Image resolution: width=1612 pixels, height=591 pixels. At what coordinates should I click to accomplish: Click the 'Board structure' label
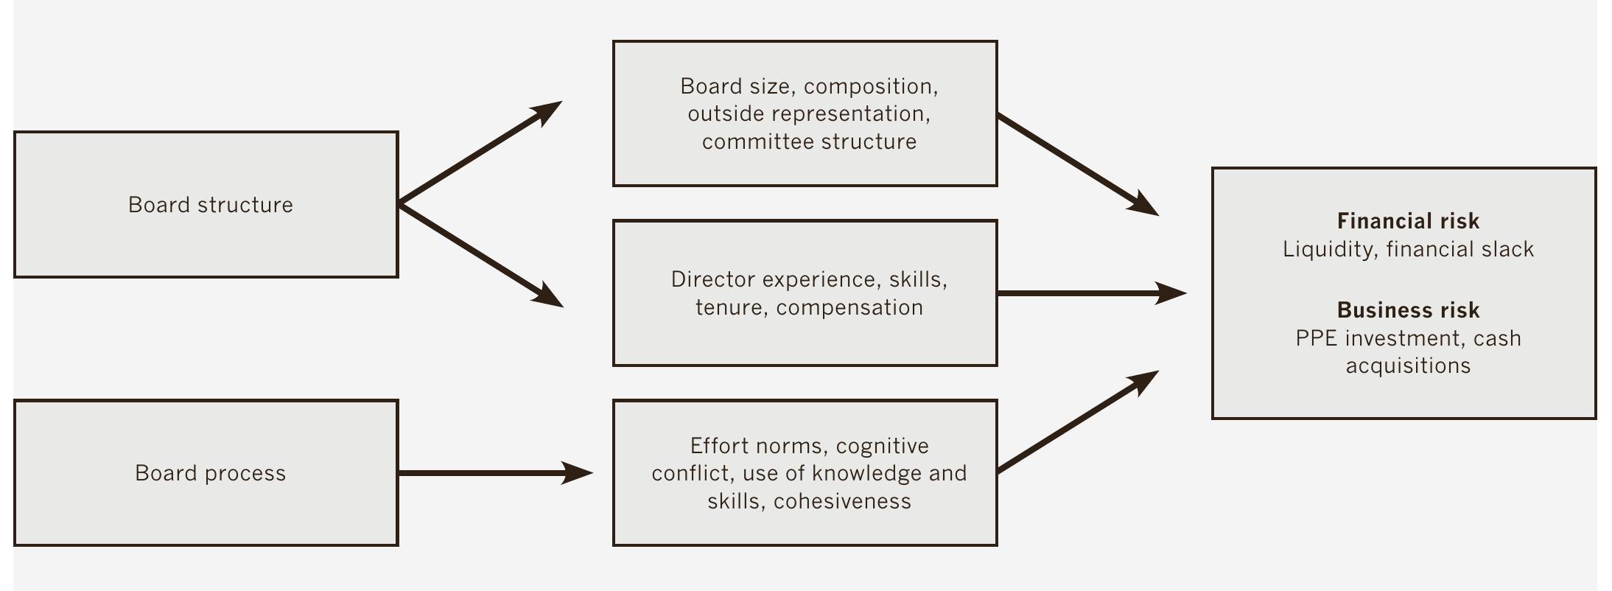point(210,205)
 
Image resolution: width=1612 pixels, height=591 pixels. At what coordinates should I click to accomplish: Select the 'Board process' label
point(210,473)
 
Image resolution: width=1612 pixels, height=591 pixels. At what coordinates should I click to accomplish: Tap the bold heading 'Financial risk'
point(1408,221)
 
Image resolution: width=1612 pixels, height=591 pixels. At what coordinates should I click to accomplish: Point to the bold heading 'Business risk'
point(1408,310)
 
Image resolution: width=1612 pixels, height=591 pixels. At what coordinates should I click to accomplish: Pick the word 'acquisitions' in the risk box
point(1408,366)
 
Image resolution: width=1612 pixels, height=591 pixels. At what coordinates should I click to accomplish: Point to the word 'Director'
point(712,280)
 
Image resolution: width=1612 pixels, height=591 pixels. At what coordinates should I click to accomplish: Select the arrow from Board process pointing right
point(494,473)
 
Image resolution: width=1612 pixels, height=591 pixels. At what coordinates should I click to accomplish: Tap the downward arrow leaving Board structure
point(479,255)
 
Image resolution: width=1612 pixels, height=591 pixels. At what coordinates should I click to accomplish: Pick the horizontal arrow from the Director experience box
point(1090,293)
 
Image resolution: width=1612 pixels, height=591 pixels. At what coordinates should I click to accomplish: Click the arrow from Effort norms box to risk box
point(1076,422)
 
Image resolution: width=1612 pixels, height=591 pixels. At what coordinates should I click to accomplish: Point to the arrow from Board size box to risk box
point(1076,164)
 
